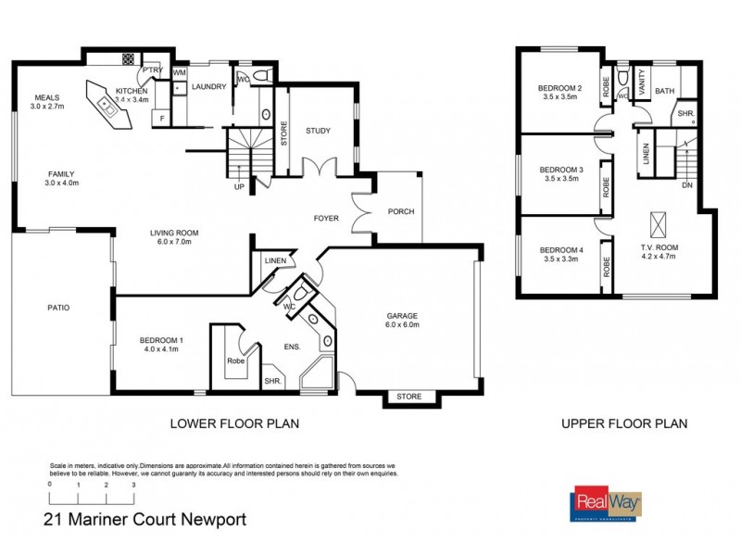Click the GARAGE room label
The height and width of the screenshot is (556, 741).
pos(403,315)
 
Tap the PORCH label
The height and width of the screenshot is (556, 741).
pos(400,212)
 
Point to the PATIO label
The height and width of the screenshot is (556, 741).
pos(60,308)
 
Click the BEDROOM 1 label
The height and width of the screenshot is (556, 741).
pos(161,340)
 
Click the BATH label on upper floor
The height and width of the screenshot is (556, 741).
pos(665,91)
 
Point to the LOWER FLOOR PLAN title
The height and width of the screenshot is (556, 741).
pos(233,424)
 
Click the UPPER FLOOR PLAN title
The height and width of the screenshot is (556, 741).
pos(624,424)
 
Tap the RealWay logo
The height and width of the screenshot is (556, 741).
pos(609,503)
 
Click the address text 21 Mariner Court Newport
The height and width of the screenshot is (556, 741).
pos(144,520)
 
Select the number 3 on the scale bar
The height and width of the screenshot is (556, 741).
pos(134,485)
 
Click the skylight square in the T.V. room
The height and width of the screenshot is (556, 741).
pos(659,222)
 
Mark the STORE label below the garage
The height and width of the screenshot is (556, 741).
pos(408,397)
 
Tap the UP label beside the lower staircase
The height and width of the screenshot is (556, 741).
pos(240,186)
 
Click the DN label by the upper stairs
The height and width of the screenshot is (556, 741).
pos(686,185)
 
